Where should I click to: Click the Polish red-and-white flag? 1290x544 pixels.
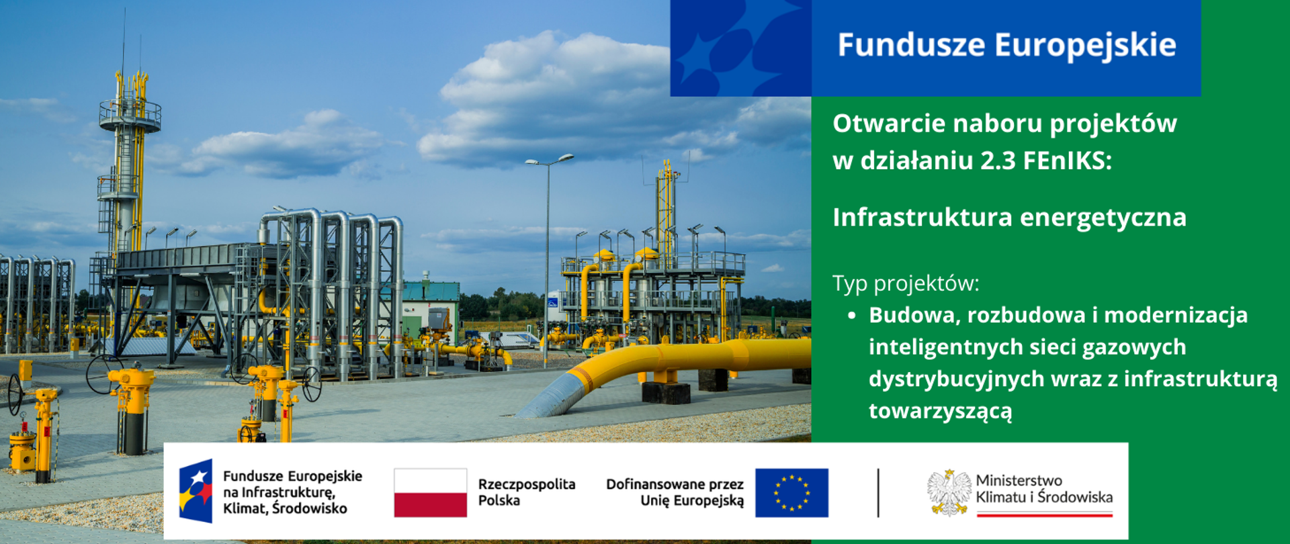click(x=430, y=492)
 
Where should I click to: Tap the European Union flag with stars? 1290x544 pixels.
click(x=791, y=492)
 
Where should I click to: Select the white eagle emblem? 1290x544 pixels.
click(x=949, y=492)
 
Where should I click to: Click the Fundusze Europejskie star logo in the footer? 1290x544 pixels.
click(x=196, y=491)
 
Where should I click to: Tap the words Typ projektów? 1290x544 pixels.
click(x=906, y=283)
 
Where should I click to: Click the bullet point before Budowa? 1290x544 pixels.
click(x=852, y=315)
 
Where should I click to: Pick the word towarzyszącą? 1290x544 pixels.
click(x=940, y=410)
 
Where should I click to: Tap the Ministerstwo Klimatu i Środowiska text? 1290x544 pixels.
click(x=1043, y=489)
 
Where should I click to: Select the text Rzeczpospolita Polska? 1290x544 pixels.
click(x=526, y=492)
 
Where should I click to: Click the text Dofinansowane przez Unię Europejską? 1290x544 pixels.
click(x=675, y=492)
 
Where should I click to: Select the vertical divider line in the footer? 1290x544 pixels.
click(x=878, y=492)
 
